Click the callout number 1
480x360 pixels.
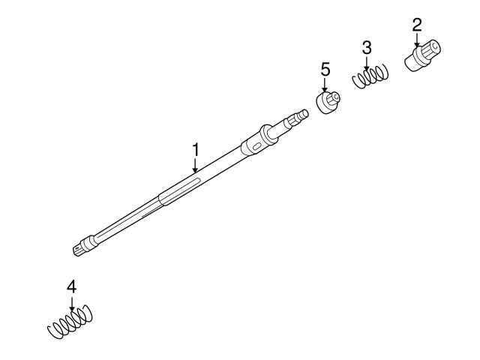tap(195, 150)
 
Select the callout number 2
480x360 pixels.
tap(417, 25)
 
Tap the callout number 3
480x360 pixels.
tap(367, 48)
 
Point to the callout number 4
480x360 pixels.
tap(72, 287)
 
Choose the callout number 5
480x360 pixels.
tap(325, 70)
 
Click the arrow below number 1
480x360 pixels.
tap(195, 165)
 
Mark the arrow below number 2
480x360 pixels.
tap(417, 40)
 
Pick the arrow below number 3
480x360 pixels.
tap(367, 63)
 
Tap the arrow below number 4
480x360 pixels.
tap(72, 304)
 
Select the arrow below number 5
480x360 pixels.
tap(325, 85)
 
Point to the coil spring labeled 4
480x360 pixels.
tap(70, 322)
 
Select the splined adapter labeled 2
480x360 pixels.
tap(423, 55)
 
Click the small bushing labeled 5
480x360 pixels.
tap(328, 102)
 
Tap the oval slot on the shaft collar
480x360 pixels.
tap(256, 146)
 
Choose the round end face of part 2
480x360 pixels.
tap(434, 48)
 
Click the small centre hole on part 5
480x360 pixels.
tap(336, 97)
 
